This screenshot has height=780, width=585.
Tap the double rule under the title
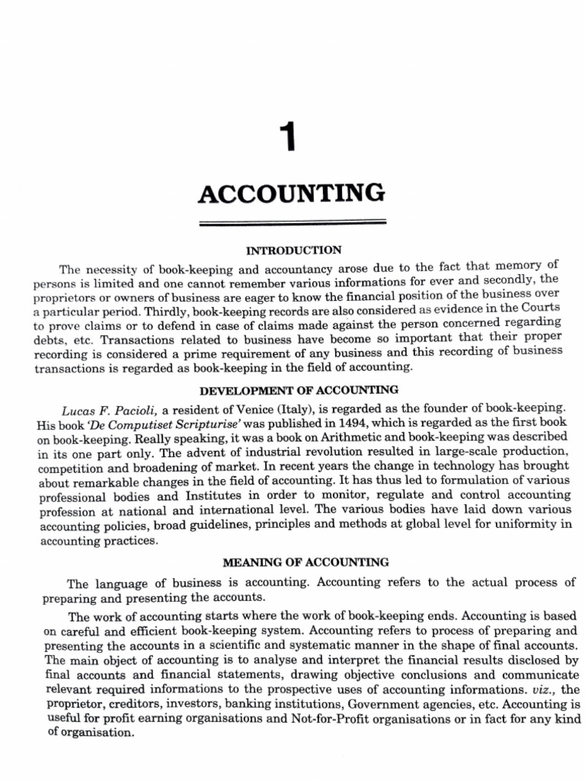point(292,224)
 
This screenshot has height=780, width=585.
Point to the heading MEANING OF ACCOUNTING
point(305,563)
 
